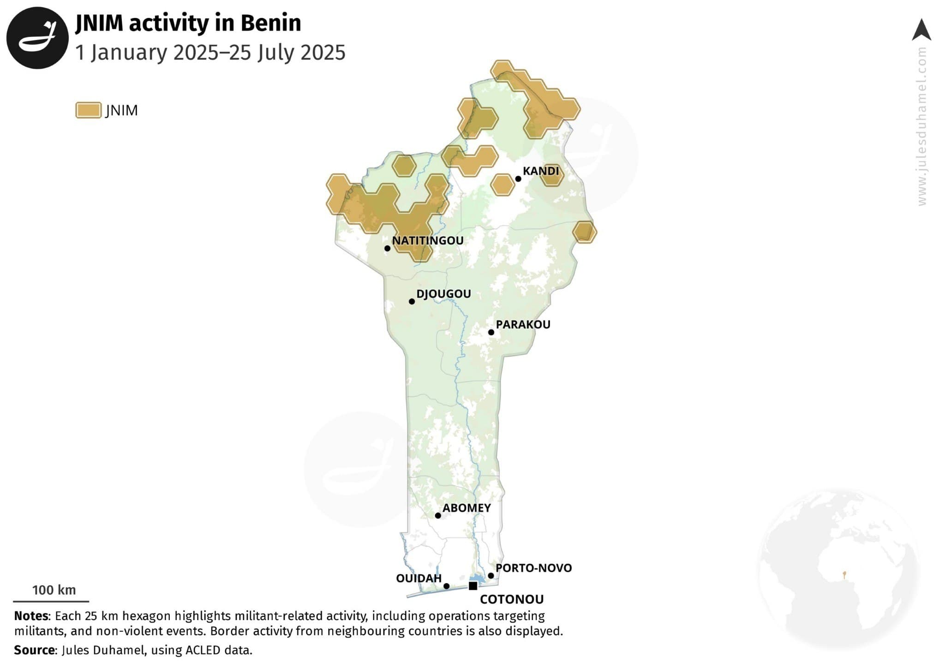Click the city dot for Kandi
[518, 179]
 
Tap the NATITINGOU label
[428, 240]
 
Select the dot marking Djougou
[412, 301]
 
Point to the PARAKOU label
[523, 324]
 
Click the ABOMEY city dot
[438, 515]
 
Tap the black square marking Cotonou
[472, 586]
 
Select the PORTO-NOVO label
[533, 568]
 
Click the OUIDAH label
[419, 579]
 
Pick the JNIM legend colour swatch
[88, 110]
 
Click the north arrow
[921, 30]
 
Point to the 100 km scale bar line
[51, 601]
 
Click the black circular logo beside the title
[37, 38]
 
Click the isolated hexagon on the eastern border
[584, 232]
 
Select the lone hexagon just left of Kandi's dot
[502, 185]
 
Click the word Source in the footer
[35, 650]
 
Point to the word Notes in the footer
[31, 616]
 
